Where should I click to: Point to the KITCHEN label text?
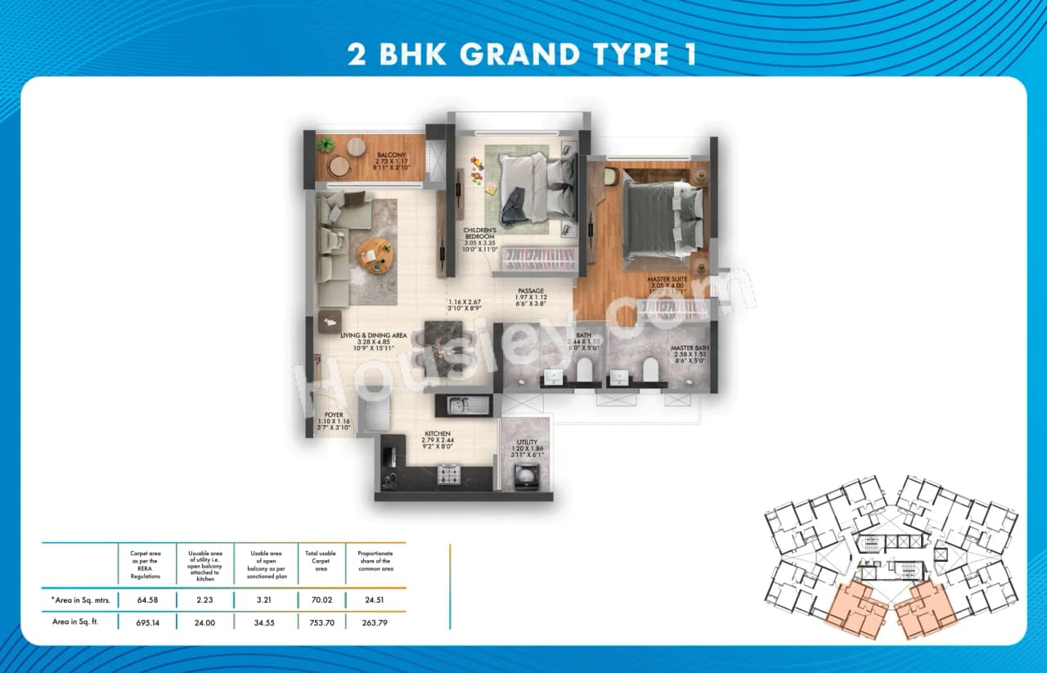[437, 433]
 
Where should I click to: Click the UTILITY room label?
[526, 442]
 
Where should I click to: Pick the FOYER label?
[334, 415]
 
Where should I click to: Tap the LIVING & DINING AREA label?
[374, 335]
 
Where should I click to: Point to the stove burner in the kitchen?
[448, 474]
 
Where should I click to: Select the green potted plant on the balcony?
[326, 146]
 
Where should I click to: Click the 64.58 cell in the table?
[145, 599]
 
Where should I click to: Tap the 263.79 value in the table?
[375, 622]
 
